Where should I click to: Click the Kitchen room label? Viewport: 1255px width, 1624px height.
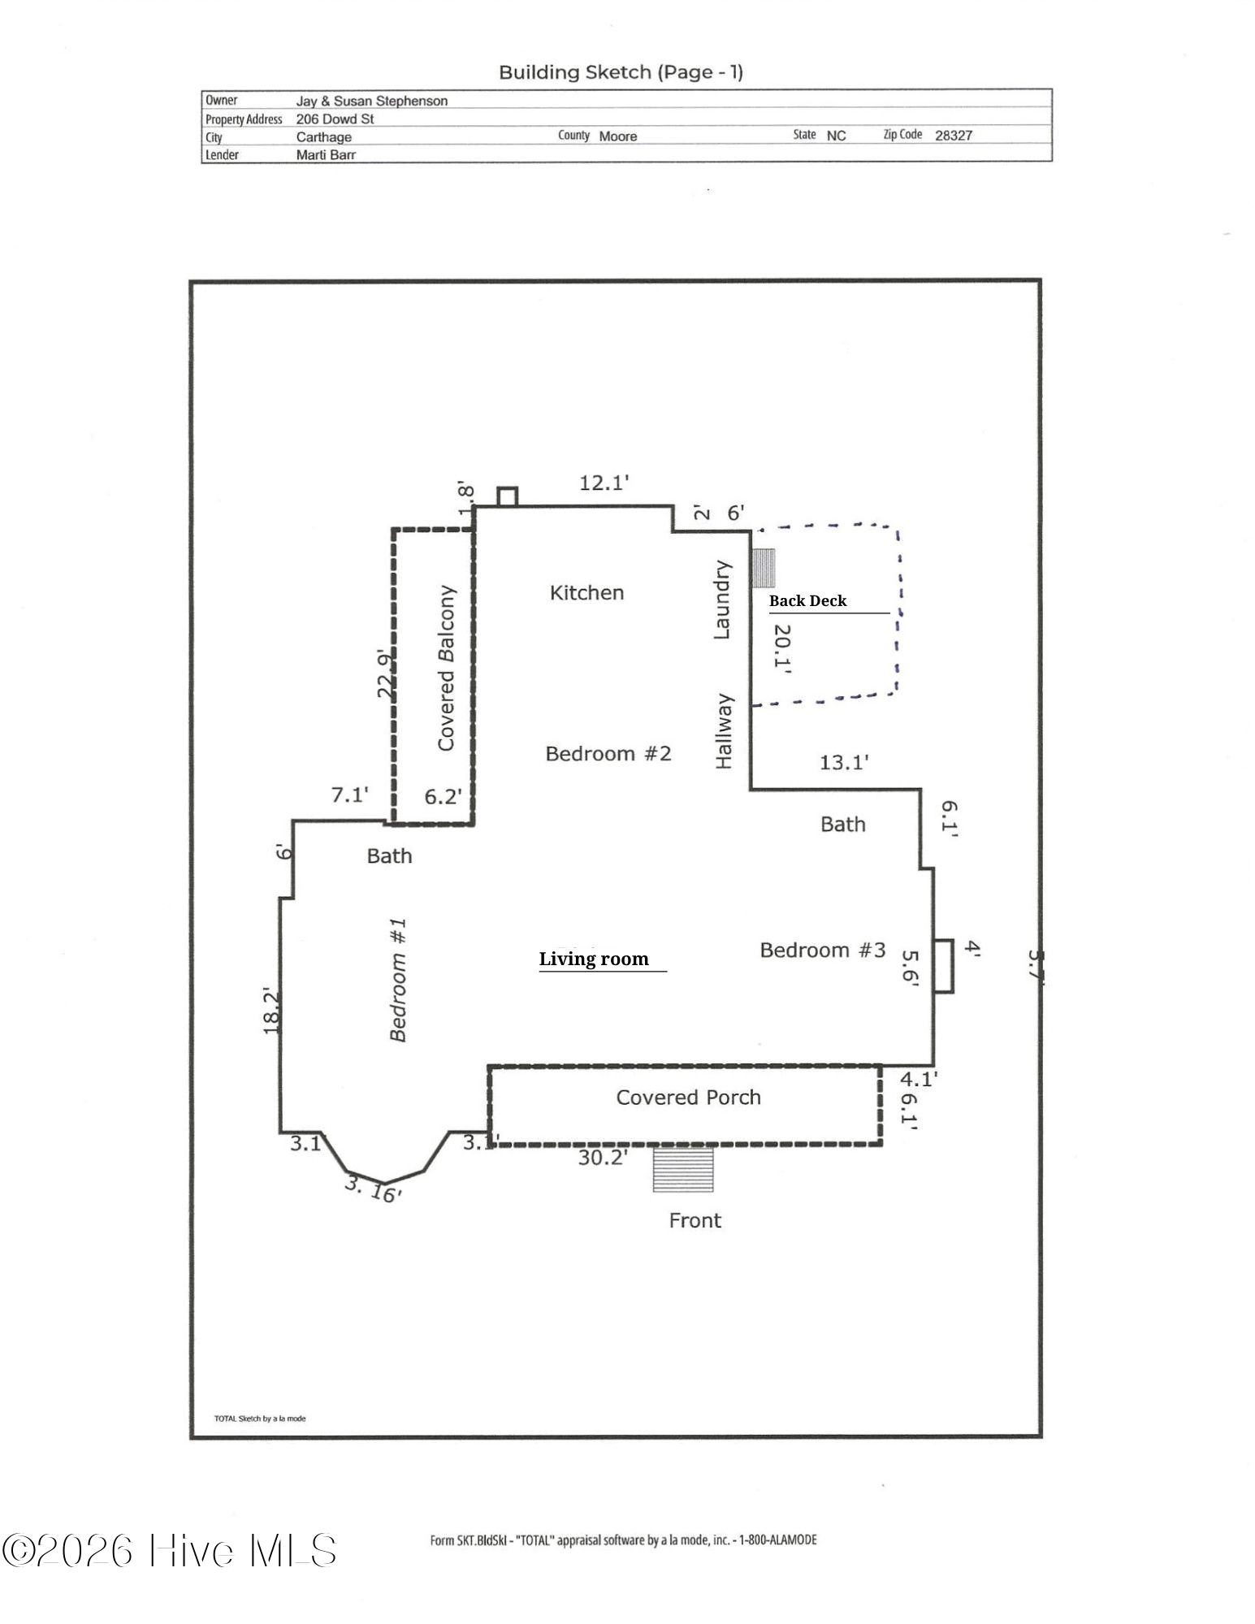tap(586, 593)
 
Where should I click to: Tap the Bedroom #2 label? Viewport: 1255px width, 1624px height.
tap(608, 754)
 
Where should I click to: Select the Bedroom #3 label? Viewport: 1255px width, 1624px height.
tap(822, 951)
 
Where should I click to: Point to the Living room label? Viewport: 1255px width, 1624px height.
tap(594, 959)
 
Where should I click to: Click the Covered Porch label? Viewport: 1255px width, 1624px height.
tap(688, 1098)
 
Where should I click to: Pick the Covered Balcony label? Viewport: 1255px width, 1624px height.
tap(446, 668)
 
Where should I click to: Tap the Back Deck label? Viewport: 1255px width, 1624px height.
tap(807, 600)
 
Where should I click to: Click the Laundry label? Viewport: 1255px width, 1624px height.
tap(721, 600)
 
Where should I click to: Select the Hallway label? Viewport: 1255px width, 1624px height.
tap(724, 731)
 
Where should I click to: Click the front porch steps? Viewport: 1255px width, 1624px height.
tap(683, 1168)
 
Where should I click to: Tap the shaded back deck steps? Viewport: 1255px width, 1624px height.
tap(763, 568)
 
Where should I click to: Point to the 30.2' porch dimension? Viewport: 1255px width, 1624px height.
tap(603, 1157)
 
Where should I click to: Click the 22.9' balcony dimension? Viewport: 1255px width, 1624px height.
tap(387, 673)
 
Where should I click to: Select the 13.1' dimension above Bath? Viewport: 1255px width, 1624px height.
tap(844, 762)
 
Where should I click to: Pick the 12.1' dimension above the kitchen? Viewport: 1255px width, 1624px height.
tap(604, 483)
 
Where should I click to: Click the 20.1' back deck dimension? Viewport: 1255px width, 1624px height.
tap(781, 648)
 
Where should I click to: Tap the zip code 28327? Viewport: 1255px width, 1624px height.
tap(954, 136)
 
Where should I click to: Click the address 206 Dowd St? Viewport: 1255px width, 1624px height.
tap(335, 119)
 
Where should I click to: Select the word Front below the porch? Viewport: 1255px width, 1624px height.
tap(695, 1220)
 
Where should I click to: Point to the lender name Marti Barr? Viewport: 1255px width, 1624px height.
tap(326, 154)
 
